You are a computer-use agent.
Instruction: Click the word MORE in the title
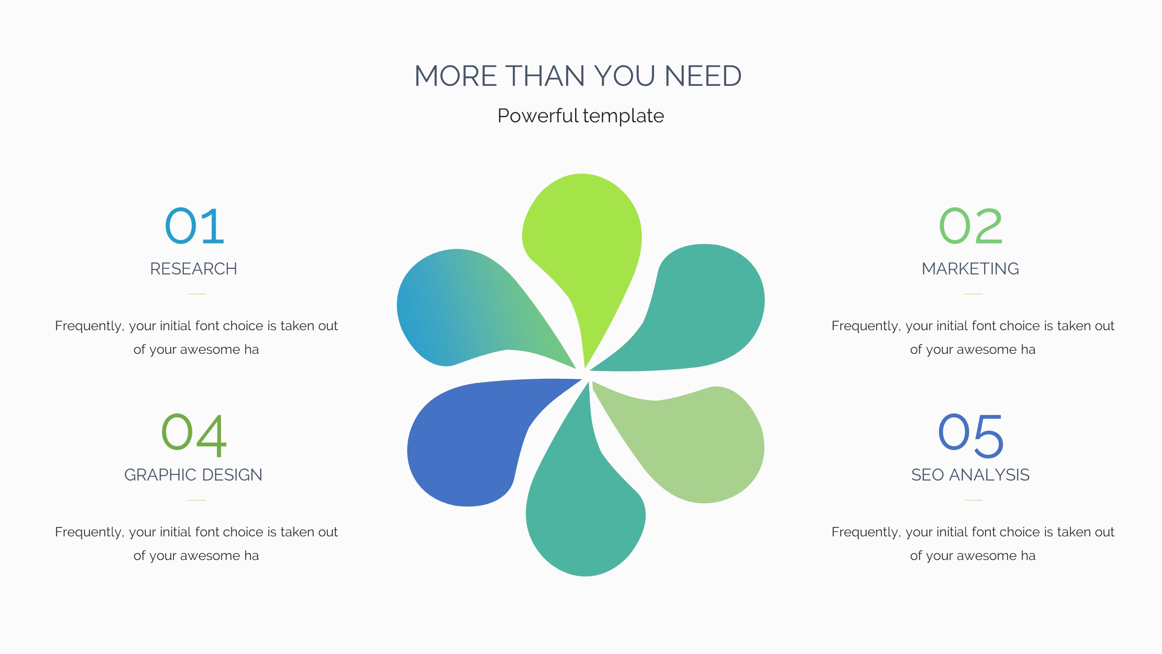pyautogui.click(x=456, y=76)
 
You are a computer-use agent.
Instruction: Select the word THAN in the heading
pyautogui.click(x=545, y=76)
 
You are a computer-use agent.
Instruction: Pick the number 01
pyautogui.click(x=195, y=226)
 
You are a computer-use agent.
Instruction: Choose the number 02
pyautogui.click(x=970, y=226)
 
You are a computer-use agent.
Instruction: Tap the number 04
pyautogui.click(x=194, y=435)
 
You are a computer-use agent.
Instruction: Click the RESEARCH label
pyautogui.click(x=194, y=269)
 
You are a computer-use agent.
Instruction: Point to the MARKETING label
pyautogui.click(x=970, y=269)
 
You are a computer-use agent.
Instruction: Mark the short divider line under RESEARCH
pyautogui.click(x=197, y=294)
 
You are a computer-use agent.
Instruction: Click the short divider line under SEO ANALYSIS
pyautogui.click(x=973, y=500)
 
